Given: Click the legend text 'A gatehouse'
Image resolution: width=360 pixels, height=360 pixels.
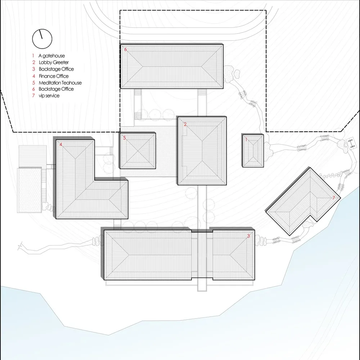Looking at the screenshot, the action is (51, 56).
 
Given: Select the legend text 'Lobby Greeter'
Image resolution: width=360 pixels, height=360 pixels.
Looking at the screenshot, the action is (54, 62).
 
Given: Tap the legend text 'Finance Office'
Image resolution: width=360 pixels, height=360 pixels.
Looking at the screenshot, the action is (54, 76).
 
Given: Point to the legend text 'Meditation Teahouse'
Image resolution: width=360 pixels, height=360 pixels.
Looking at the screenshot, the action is (60, 83).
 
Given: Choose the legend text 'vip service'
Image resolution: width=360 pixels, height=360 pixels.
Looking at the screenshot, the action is (49, 96).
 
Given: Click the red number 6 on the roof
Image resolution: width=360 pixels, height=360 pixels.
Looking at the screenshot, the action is (125, 49).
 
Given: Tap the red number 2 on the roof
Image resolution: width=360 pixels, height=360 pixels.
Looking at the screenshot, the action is (185, 124).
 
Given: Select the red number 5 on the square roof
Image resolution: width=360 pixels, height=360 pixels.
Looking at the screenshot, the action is (125, 138).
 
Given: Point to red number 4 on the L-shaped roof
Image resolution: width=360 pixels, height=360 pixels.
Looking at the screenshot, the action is (60, 144).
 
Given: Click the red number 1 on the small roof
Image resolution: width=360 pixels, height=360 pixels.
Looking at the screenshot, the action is (246, 140).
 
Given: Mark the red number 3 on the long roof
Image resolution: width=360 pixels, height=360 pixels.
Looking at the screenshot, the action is (248, 236).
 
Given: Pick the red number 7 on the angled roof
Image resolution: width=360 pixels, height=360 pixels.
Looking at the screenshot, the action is (334, 198).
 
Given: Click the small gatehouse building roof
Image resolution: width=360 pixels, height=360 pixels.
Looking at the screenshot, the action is (253, 151).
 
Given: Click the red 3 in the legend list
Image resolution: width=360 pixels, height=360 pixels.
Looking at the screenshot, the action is (33, 69).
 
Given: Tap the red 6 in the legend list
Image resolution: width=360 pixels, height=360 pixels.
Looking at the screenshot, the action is (33, 89).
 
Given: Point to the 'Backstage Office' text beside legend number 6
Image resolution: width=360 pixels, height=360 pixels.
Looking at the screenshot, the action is (56, 89).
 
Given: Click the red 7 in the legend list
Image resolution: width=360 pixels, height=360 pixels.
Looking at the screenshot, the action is (33, 96).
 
